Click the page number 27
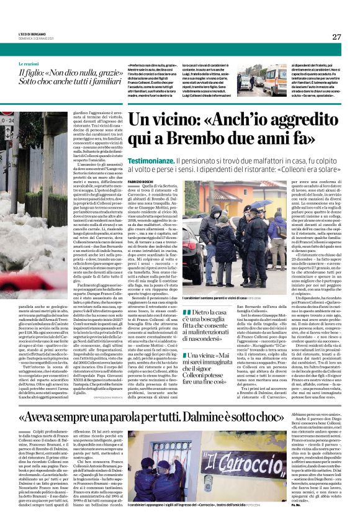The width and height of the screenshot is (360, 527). (x=336, y=37)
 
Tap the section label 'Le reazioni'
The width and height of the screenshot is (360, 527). (x=28, y=64)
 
